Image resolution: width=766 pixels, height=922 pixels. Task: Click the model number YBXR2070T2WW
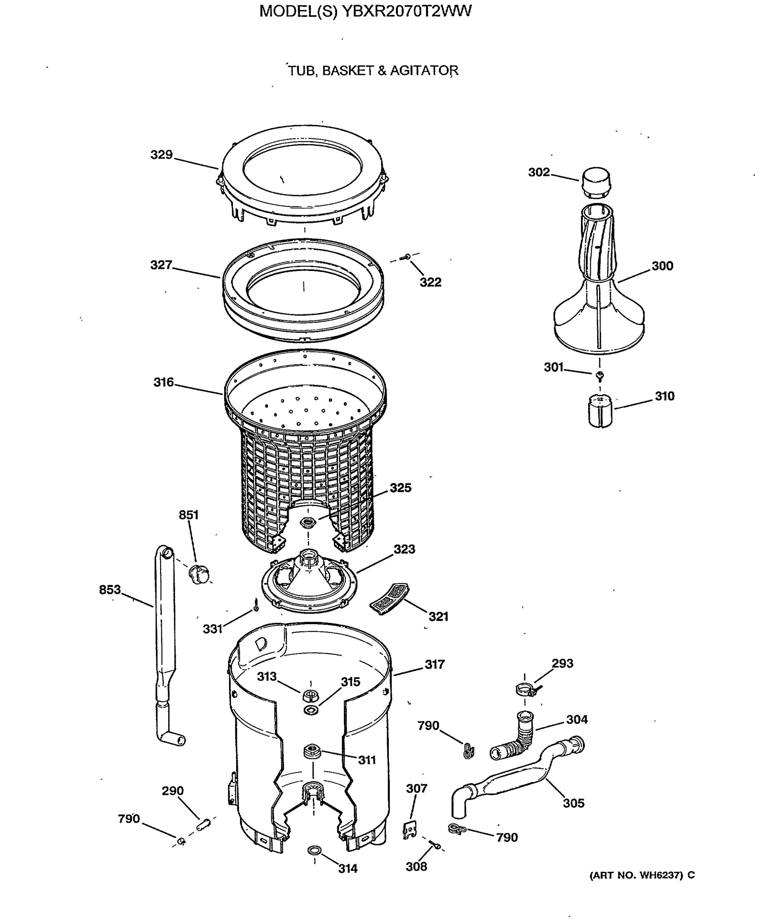tap(406, 12)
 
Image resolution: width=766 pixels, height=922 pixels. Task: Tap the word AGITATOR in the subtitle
tap(424, 70)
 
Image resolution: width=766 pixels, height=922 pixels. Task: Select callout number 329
tap(162, 154)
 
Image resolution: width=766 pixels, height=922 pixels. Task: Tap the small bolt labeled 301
tap(600, 375)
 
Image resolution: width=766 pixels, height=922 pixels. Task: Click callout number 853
tap(110, 590)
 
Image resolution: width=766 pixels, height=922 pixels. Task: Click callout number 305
tap(573, 803)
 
